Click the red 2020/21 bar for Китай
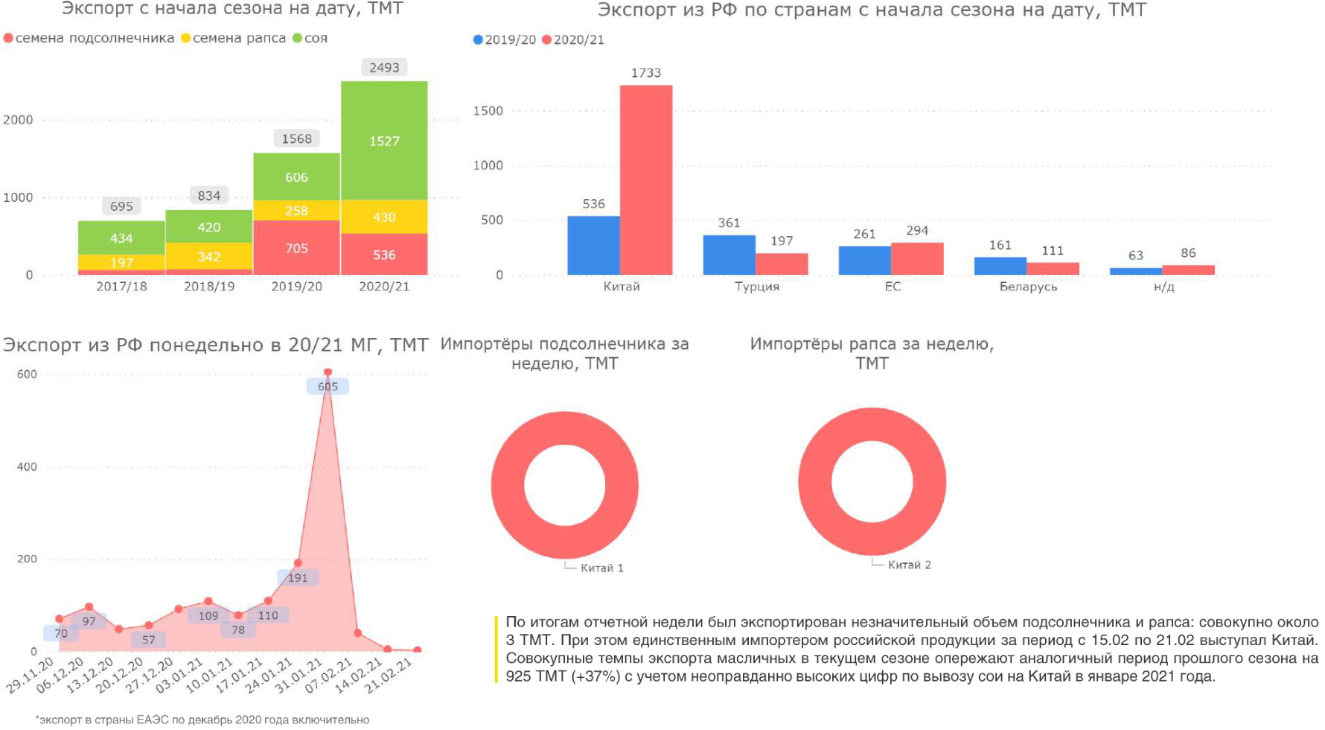click(x=646, y=180)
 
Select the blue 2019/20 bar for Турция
click(x=729, y=255)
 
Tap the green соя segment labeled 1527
click(x=384, y=141)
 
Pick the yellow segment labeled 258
click(x=296, y=211)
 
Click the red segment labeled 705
click(x=296, y=248)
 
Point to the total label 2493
click(x=384, y=68)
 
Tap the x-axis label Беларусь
click(x=1028, y=287)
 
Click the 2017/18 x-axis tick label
click(x=121, y=286)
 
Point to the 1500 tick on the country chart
click(x=488, y=111)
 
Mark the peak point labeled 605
click(x=328, y=372)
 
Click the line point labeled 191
click(x=298, y=563)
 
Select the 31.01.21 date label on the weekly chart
click(x=298, y=675)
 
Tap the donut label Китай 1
click(x=601, y=568)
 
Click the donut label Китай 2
click(x=909, y=565)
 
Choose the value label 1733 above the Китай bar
click(x=646, y=73)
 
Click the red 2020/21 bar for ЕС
click(x=917, y=258)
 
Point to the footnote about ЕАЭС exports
click(x=203, y=720)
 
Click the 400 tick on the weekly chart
click(x=27, y=467)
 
